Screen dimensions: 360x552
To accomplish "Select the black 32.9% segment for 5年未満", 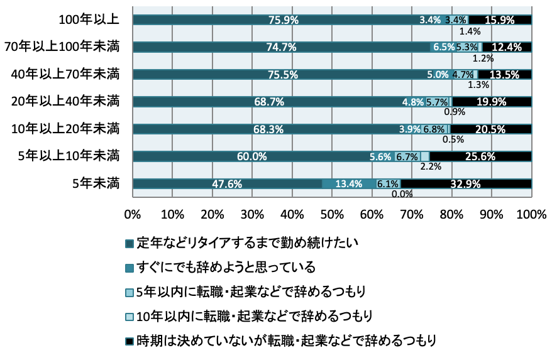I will pos(466,184).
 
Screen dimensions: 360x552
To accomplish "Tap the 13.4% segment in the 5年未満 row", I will pos(349,184).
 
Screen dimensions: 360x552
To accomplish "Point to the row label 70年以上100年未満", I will pos(61,47).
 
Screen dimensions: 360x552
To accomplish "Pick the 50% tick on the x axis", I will pos(332,215).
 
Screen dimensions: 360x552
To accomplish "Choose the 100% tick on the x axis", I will pos(531,215).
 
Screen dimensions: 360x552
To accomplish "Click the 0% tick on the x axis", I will pos(133,215).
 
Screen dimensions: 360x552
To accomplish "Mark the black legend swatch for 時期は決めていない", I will pos(129,341).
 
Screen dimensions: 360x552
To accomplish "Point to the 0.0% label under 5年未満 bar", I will pos(402,194).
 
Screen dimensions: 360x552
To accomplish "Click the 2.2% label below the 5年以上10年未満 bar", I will pos(430,167).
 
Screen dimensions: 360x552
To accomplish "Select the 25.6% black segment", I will pos(481,156).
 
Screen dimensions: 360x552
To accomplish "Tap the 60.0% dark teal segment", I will pos(251,156).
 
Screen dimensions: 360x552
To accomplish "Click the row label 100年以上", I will pos(89,19).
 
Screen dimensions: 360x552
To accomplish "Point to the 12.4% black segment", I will pos(507,47).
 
